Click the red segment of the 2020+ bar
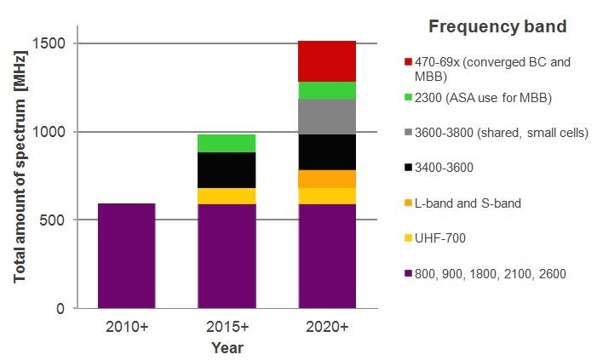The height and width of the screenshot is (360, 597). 327,60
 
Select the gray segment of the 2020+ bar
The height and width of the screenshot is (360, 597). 327,117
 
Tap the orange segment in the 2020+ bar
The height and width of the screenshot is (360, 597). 327,179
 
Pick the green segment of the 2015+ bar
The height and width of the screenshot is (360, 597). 227,143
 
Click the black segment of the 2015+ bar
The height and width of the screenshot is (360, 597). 227,170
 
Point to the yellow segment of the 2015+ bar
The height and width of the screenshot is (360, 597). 227,196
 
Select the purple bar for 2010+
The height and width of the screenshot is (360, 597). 126,255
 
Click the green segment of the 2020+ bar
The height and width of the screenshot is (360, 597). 327,90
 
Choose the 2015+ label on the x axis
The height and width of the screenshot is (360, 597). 227,327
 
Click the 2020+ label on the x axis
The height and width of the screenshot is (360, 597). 327,327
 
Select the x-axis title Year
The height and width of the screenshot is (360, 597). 227,347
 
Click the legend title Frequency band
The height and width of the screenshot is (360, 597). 497,26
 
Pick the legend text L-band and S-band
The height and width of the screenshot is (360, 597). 467,203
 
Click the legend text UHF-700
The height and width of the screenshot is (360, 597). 442,238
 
